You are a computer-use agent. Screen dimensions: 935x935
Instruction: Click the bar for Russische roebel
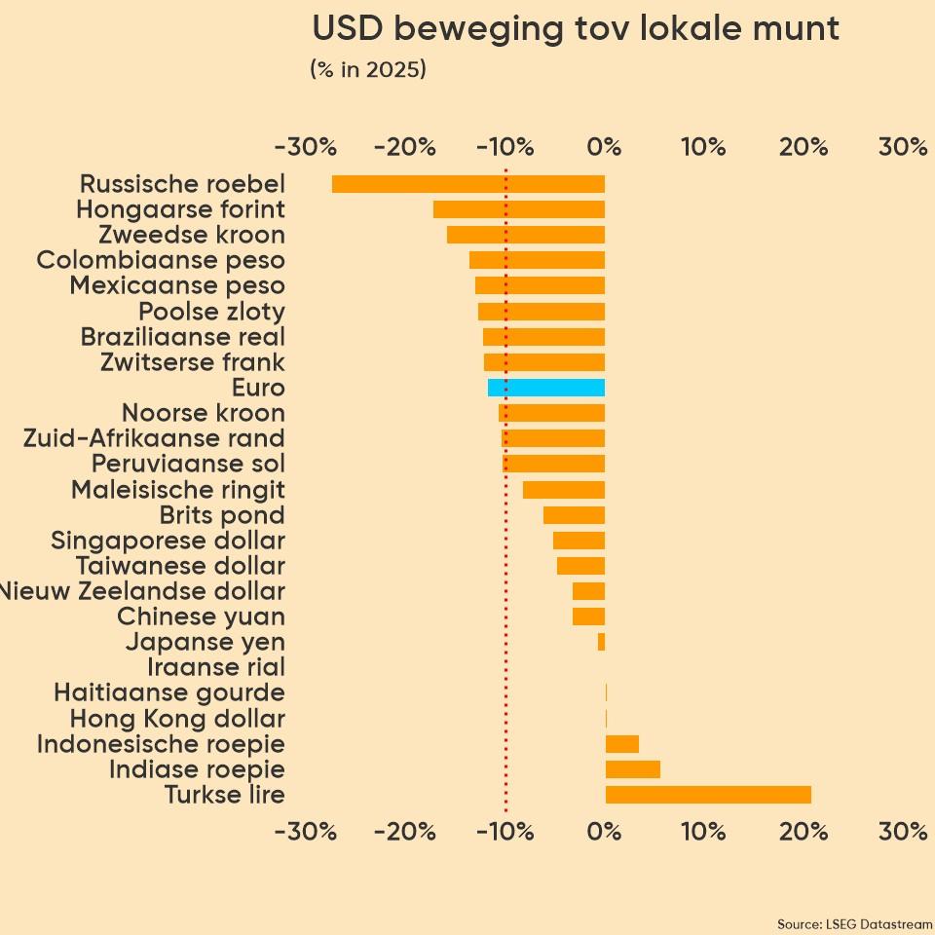click(x=467, y=184)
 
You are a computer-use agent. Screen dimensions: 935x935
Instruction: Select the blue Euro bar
click(x=546, y=388)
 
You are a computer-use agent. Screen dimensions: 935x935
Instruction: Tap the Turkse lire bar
click(x=708, y=795)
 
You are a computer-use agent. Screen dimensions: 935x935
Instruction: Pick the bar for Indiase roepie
click(x=633, y=769)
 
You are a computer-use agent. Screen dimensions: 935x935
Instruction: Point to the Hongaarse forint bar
click(x=519, y=209)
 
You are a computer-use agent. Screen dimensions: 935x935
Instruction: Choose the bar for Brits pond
click(x=575, y=515)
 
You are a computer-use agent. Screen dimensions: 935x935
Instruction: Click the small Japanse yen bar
click(x=602, y=642)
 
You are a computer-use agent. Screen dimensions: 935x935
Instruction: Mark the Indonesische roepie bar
click(x=622, y=744)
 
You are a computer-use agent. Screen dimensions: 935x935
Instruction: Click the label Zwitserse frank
click(x=193, y=362)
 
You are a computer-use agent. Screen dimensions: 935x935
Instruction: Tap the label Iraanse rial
click(x=216, y=667)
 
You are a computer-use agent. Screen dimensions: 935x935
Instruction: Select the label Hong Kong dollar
click(x=177, y=719)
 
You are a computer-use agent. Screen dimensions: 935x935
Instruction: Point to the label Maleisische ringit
click(x=178, y=489)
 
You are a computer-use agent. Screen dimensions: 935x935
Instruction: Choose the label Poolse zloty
click(x=211, y=312)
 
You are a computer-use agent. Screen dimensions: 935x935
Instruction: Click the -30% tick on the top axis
click(x=306, y=147)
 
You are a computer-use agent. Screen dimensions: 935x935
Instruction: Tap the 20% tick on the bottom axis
click(x=804, y=832)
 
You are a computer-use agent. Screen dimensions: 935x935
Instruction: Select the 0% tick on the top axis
click(x=605, y=147)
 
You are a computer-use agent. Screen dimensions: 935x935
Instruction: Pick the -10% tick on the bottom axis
click(x=505, y=832)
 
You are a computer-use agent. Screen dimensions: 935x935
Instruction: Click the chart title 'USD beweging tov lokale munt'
click(x=576, y=28)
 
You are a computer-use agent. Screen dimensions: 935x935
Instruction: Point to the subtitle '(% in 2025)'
click(x=368, y=70)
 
